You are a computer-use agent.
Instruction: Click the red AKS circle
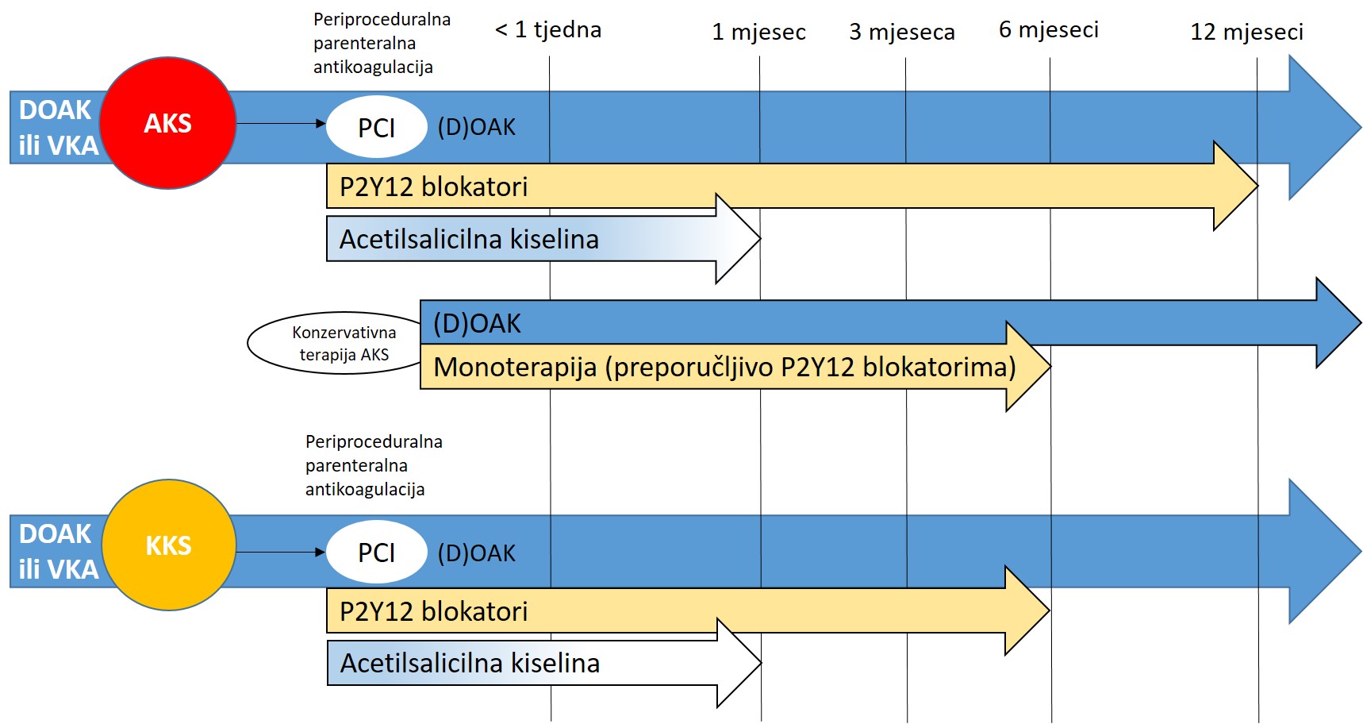168,123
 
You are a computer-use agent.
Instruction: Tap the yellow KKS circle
169,545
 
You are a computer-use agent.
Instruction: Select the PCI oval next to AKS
376,127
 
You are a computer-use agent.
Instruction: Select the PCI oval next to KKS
376,552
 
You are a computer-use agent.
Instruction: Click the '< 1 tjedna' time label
548,30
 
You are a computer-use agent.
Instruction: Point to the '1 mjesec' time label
758,33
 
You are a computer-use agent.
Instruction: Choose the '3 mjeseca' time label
902,33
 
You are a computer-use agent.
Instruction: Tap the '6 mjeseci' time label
1049,30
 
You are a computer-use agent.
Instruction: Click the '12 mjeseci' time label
1246,33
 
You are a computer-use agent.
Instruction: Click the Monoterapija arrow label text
724,367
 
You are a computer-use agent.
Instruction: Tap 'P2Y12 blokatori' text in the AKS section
433,187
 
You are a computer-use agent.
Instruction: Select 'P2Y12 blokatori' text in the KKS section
433,611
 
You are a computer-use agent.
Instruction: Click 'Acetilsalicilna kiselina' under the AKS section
469,239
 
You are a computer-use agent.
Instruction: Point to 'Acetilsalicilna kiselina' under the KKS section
470,663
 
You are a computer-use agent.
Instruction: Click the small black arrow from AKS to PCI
281,123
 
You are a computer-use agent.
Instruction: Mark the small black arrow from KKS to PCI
281,552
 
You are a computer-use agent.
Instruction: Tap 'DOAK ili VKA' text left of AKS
58,127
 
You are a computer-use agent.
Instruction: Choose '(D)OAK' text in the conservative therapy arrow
477,323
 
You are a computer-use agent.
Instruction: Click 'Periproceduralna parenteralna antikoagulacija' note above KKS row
374,465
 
